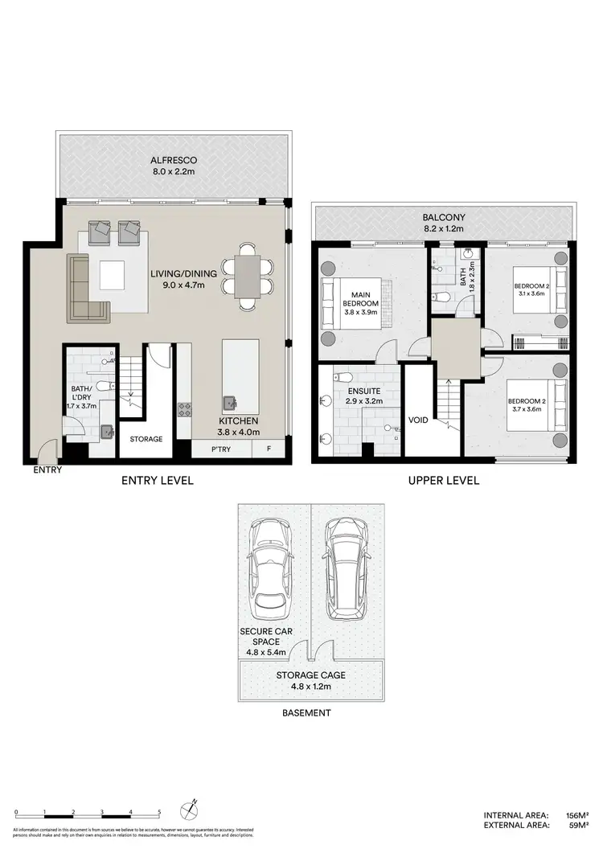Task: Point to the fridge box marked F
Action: [x=268, y=449]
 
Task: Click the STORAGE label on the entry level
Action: [x=146, y=439]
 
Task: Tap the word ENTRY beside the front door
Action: [x=47, y=471]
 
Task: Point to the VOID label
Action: [x=418, y=420]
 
